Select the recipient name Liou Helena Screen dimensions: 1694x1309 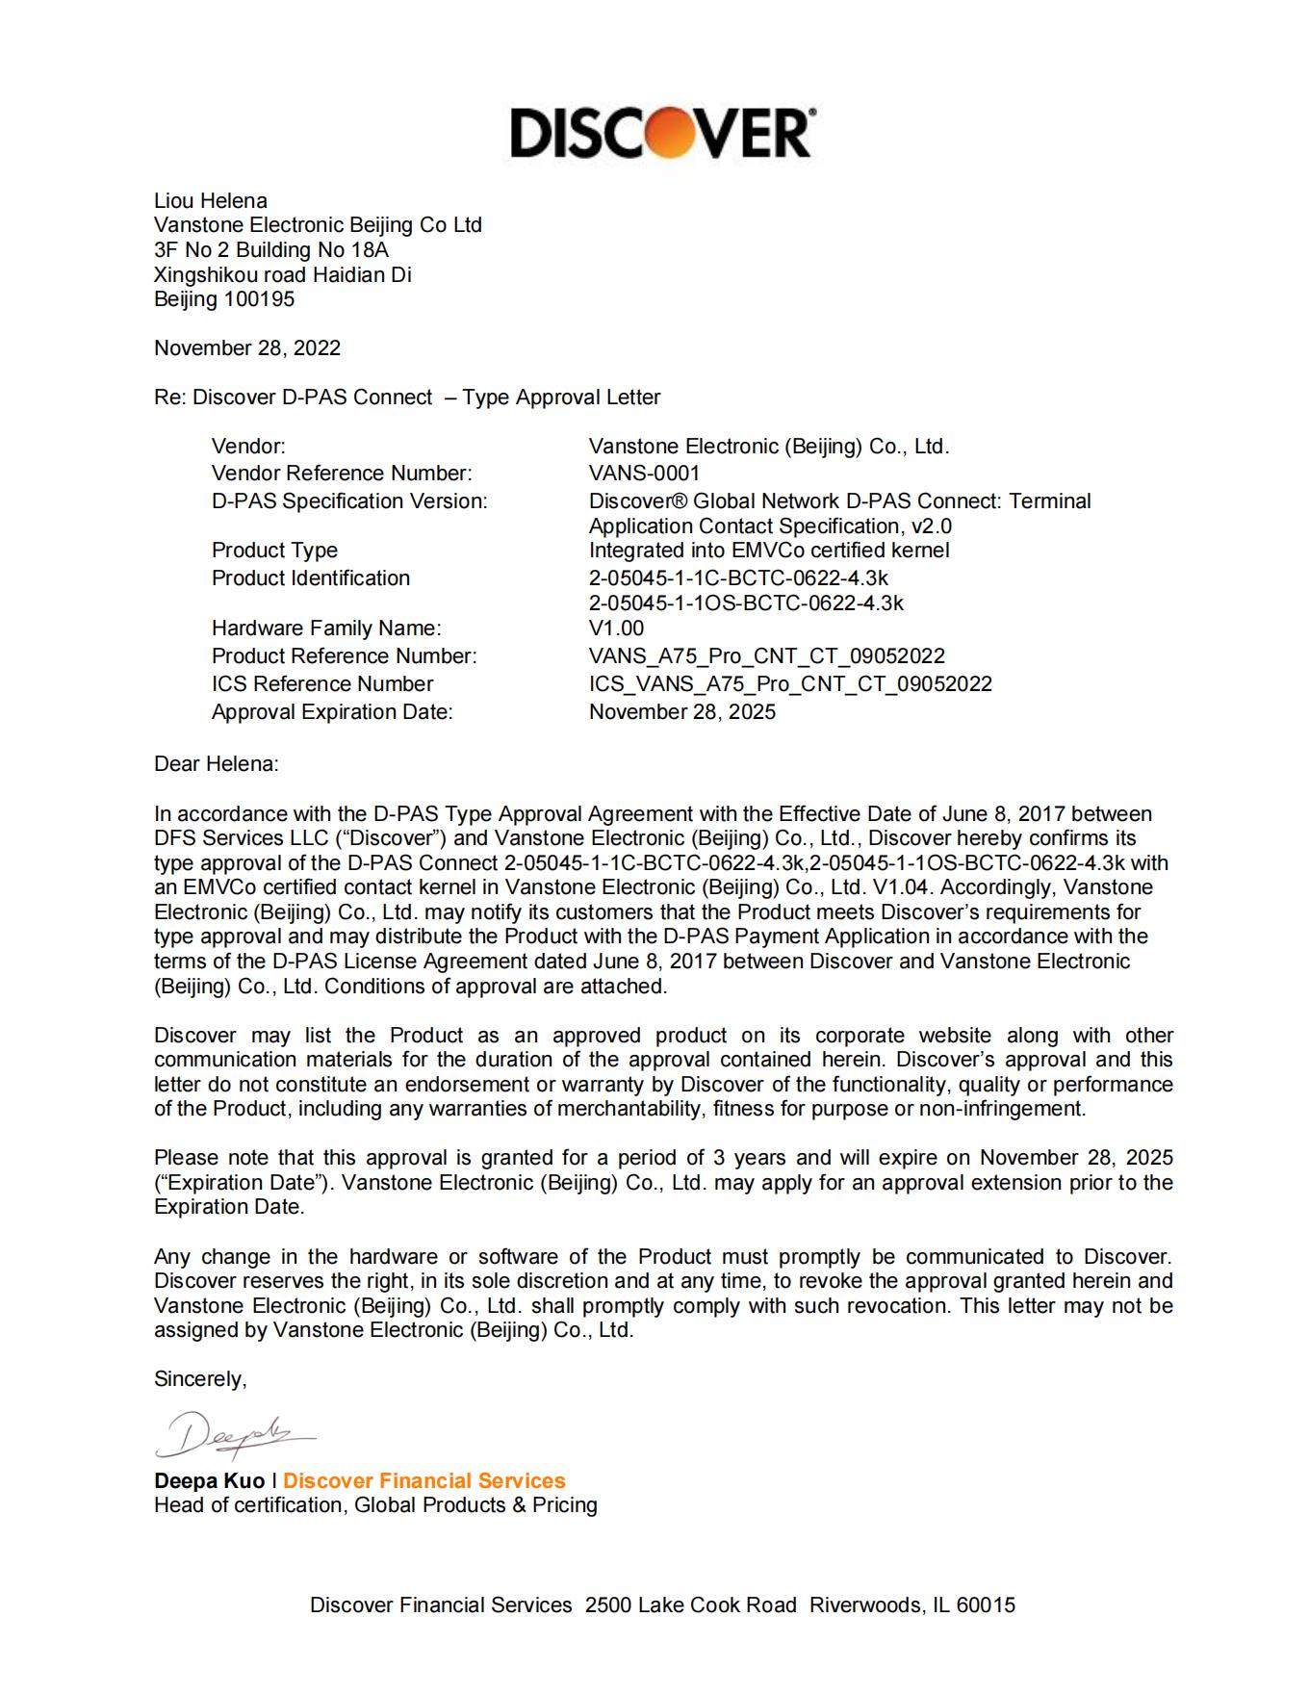point(211,201)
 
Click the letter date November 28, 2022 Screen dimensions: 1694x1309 point(247,348)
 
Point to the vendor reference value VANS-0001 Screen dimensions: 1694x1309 point(645,474)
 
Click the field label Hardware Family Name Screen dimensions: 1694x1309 point(326,629)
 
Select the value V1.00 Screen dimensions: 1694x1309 point(617,629)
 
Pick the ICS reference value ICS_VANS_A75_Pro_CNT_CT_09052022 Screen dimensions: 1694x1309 point(790,684)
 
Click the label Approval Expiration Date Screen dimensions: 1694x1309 point(332,712)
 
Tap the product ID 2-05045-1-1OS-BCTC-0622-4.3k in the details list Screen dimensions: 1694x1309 point(746,603)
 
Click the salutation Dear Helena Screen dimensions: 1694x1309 point(217,764)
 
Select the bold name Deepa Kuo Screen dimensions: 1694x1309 point(209,1481)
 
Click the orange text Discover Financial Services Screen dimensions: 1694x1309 point(424,1481)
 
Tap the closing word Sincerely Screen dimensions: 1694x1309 point(200,1379)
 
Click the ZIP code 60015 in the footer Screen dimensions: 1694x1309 point(986,1605)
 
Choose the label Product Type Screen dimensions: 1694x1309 point(275,551)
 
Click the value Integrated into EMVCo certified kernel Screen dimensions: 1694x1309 point(769,551)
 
